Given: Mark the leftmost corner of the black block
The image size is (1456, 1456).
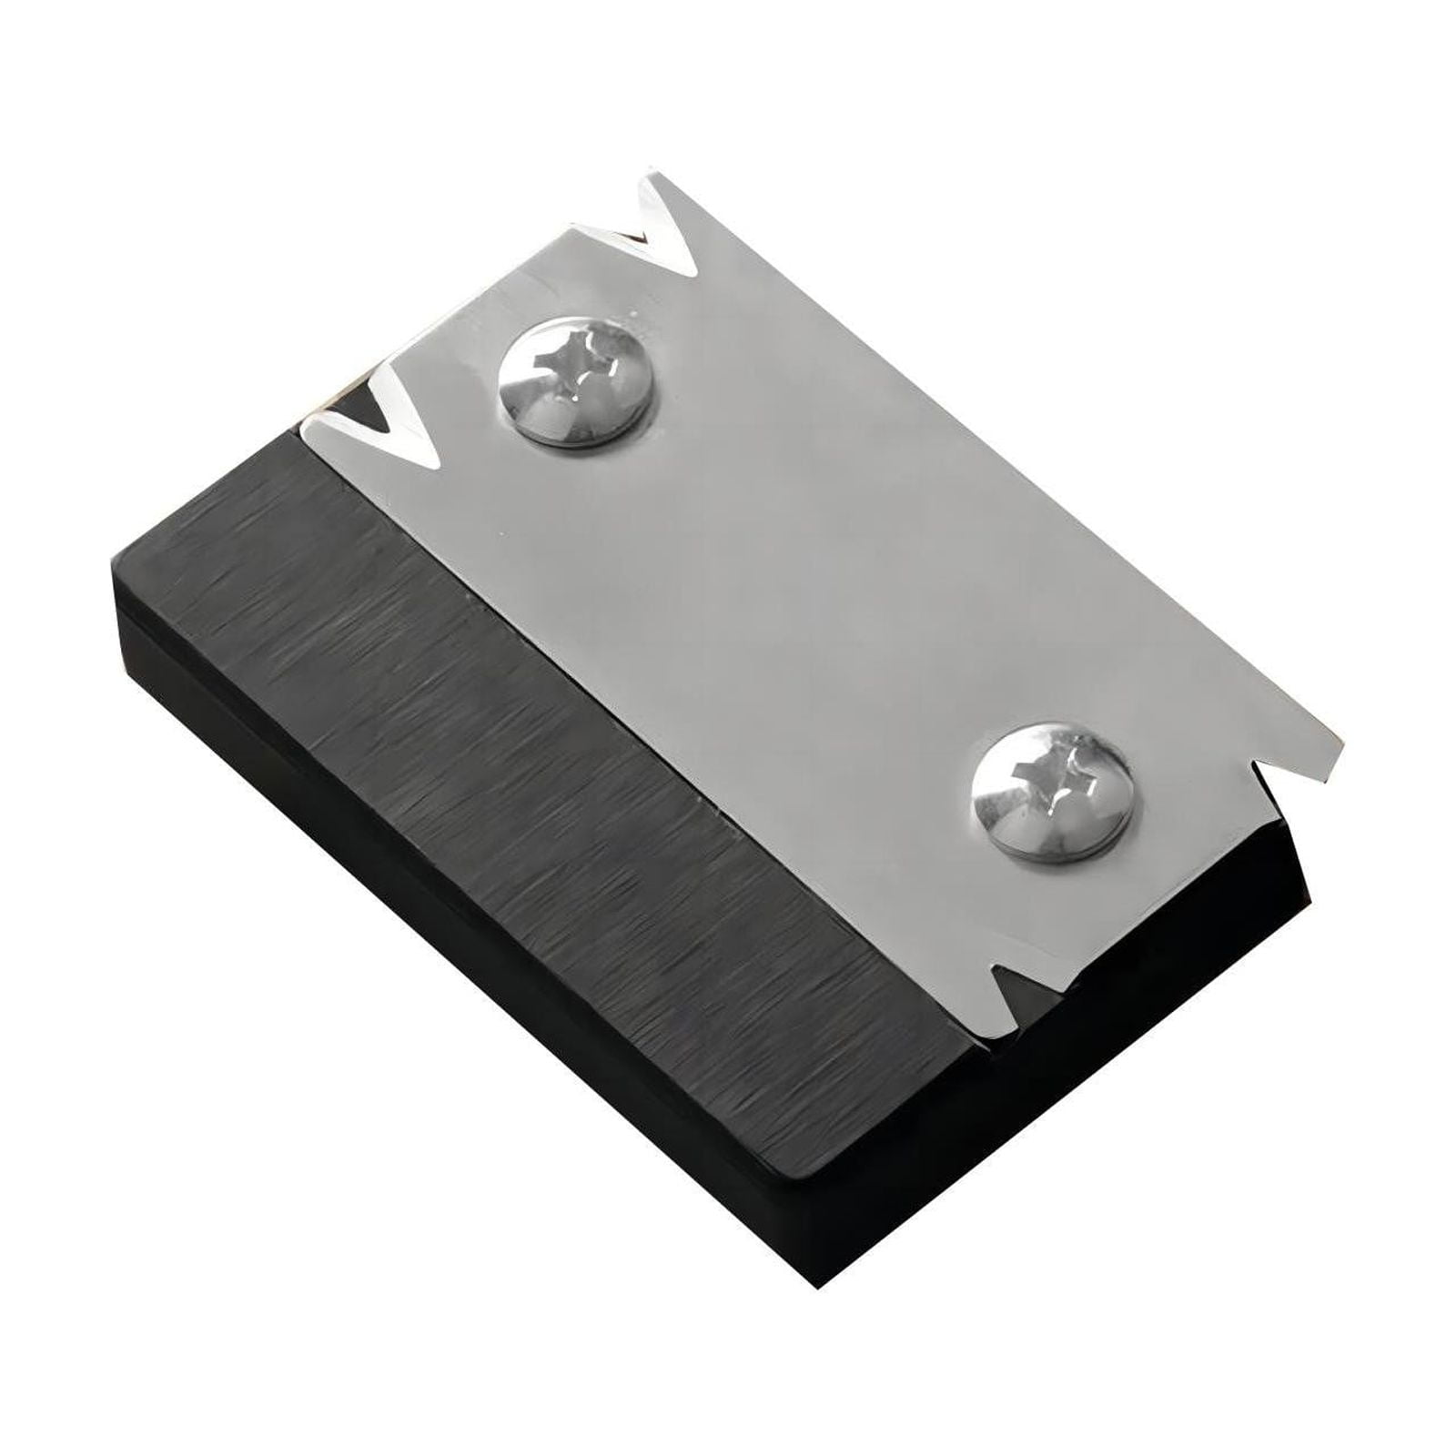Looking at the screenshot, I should point(111,569).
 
